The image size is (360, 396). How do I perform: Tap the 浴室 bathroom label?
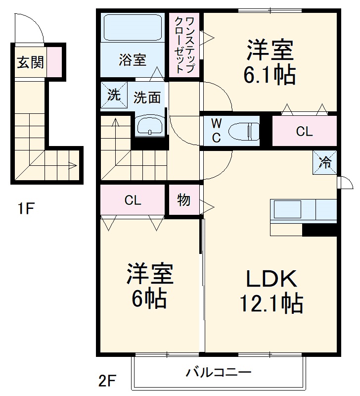[x=132, y=60]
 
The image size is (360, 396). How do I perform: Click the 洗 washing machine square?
[x=114, y=95]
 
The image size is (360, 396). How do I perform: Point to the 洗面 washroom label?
[x=147, y=97]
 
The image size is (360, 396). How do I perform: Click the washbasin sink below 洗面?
[x=150, y=126]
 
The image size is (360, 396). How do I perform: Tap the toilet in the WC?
[x=244, y=131]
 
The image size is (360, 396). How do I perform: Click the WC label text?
[x=217, y=131]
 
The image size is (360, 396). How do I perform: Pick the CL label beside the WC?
[x=304, y=132]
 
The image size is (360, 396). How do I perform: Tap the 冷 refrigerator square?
[x=325, y=162]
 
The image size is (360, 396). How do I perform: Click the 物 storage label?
[x=183, y=200]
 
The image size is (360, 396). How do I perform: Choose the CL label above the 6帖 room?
[x=133, y=200]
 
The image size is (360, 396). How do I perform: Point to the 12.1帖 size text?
[x=271, y=303]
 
